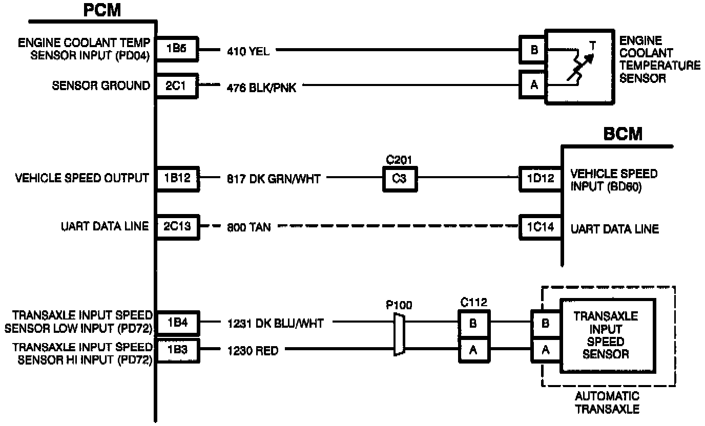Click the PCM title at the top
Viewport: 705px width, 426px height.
click(x=102, y=10)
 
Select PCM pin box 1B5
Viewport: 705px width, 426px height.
click(x=177, y=49)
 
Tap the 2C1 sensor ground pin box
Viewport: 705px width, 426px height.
click(x=177, y=86)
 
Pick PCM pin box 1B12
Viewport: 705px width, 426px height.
click(x=178, y=179)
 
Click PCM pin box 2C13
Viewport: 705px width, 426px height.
click(x=178, y=227)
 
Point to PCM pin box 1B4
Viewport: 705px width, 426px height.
click(x=178, y=323)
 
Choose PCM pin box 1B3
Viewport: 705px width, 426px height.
click(x=178, y=350)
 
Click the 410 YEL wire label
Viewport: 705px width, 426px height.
click(x=248, y=51)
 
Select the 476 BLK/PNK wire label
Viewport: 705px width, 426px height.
click(x=261, y=88)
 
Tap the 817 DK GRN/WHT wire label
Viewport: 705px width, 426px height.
click(x=274, y=179)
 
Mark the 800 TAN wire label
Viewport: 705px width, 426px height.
click(x=248, y=227)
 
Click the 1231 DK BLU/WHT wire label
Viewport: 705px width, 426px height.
click(x=276, y=324)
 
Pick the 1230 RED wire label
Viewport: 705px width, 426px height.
click(x=253, y=351)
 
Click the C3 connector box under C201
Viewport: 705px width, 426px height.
click(x=400, y=179)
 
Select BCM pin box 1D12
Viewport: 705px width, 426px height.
click(x=540, y=179)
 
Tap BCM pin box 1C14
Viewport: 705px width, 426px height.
click(x=540, y=227)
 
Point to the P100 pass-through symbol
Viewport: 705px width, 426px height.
click(x=399, y=335)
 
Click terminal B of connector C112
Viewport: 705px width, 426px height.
click(x=473, y=324)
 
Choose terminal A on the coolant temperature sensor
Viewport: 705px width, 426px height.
click(x=533, y=85)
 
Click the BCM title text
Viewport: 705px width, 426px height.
click(x=623, y=134)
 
